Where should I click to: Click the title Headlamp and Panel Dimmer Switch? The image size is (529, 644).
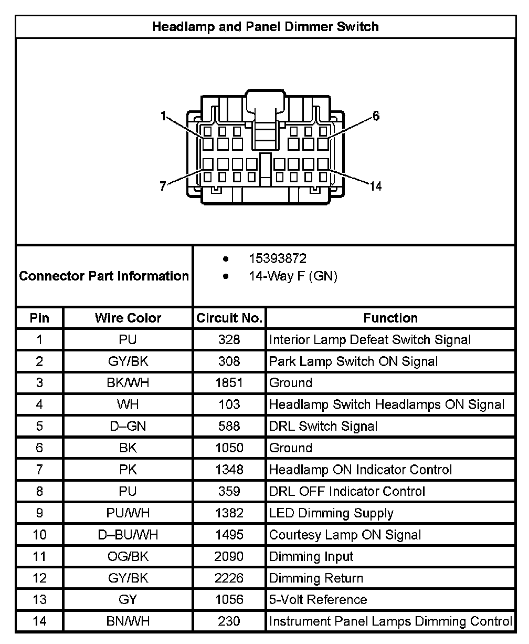[265, 26]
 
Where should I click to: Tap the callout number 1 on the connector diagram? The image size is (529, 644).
[164, 116]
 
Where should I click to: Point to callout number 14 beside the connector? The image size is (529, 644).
[375, 186]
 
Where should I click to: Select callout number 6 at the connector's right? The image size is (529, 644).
[376, 116]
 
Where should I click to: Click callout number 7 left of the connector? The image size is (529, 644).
[163, 185]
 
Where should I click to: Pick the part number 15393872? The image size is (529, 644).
[278, 259]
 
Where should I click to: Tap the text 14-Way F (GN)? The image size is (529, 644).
[293, 276]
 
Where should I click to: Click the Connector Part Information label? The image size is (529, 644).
[104, 276]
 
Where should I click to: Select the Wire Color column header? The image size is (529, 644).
[128, 318]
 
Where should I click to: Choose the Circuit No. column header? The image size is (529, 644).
[229, 318]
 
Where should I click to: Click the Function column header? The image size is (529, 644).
[390, 318]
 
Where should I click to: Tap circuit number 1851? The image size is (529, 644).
[229, 383]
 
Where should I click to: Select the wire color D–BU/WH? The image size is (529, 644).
[128, 535]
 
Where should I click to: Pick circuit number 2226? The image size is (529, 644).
[229, 578]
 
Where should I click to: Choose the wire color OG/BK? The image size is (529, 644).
[128, 556]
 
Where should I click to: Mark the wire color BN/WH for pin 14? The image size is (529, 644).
[128, 621]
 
